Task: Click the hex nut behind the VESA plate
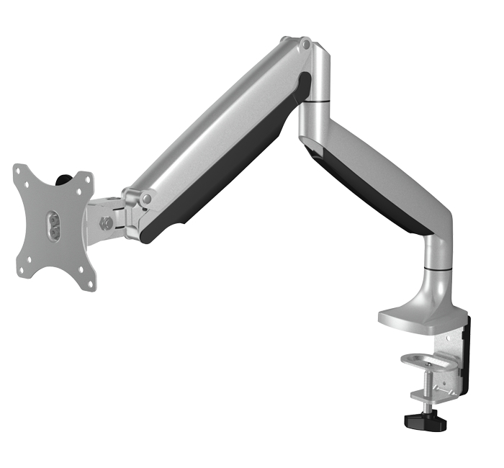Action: [x=106, y=222]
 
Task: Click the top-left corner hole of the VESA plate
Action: [x=22, y=173]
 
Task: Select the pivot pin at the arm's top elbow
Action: [x=307, y=45]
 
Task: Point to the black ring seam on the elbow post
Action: [x=315, y=102]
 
